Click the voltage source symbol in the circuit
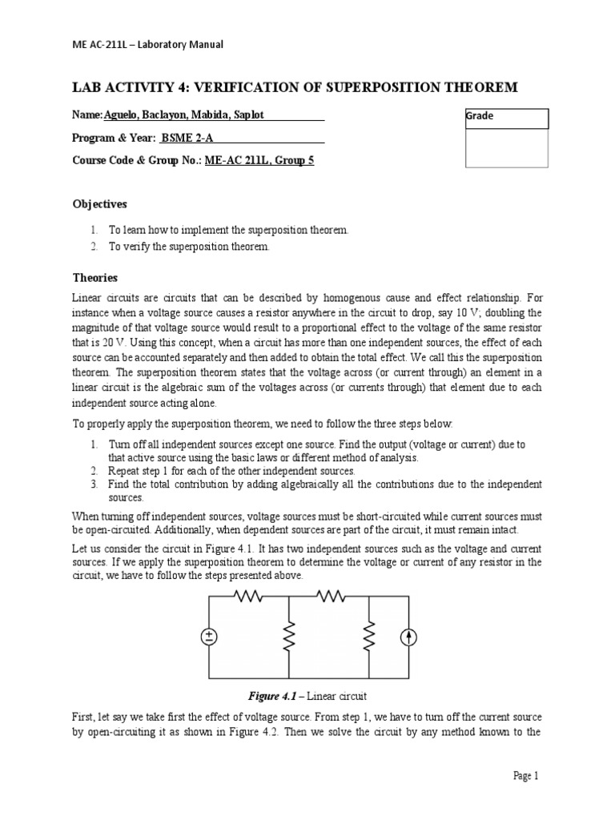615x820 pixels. [209, 637]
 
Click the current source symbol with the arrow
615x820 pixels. [409, 637]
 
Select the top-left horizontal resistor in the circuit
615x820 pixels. [248, 596]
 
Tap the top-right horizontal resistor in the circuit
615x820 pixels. [329, 596]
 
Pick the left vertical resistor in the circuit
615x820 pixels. [288, 637]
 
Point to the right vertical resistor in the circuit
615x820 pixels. [369, 637]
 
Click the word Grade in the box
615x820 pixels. [480, 116]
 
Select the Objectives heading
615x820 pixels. [100, 204]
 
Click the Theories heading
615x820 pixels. [95, 278]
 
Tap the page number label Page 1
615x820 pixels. [526, 775]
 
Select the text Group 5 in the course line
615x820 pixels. [295, 160]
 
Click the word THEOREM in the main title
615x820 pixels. [480, 86]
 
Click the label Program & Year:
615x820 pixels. [115, 138]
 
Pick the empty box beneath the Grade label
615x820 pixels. [507, 148]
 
